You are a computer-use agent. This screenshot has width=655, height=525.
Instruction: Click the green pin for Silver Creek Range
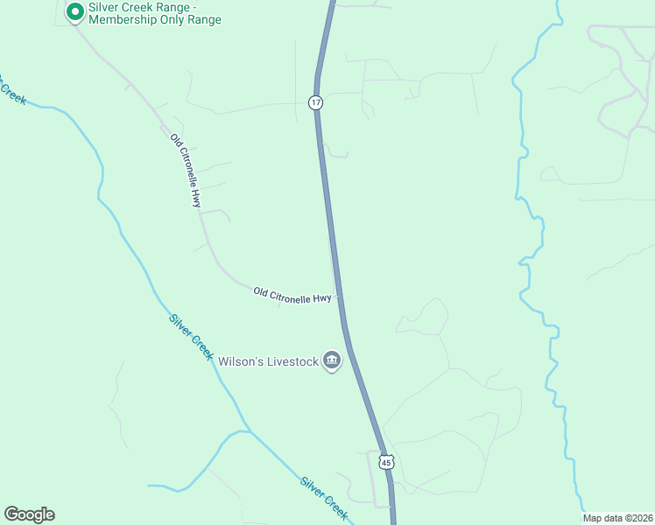75,11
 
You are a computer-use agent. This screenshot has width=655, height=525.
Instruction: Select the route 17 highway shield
316,102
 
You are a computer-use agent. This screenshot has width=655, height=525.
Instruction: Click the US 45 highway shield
387,461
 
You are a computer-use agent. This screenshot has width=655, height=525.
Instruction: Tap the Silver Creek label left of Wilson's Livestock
192,336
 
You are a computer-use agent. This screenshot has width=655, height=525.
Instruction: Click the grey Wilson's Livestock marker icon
331,360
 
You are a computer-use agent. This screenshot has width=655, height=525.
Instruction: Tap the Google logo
29,514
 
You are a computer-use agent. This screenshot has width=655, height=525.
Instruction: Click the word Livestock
289,360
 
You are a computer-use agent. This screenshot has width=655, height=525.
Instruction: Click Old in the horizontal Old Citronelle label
260,290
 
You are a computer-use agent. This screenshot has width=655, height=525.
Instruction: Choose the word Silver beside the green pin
102,6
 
